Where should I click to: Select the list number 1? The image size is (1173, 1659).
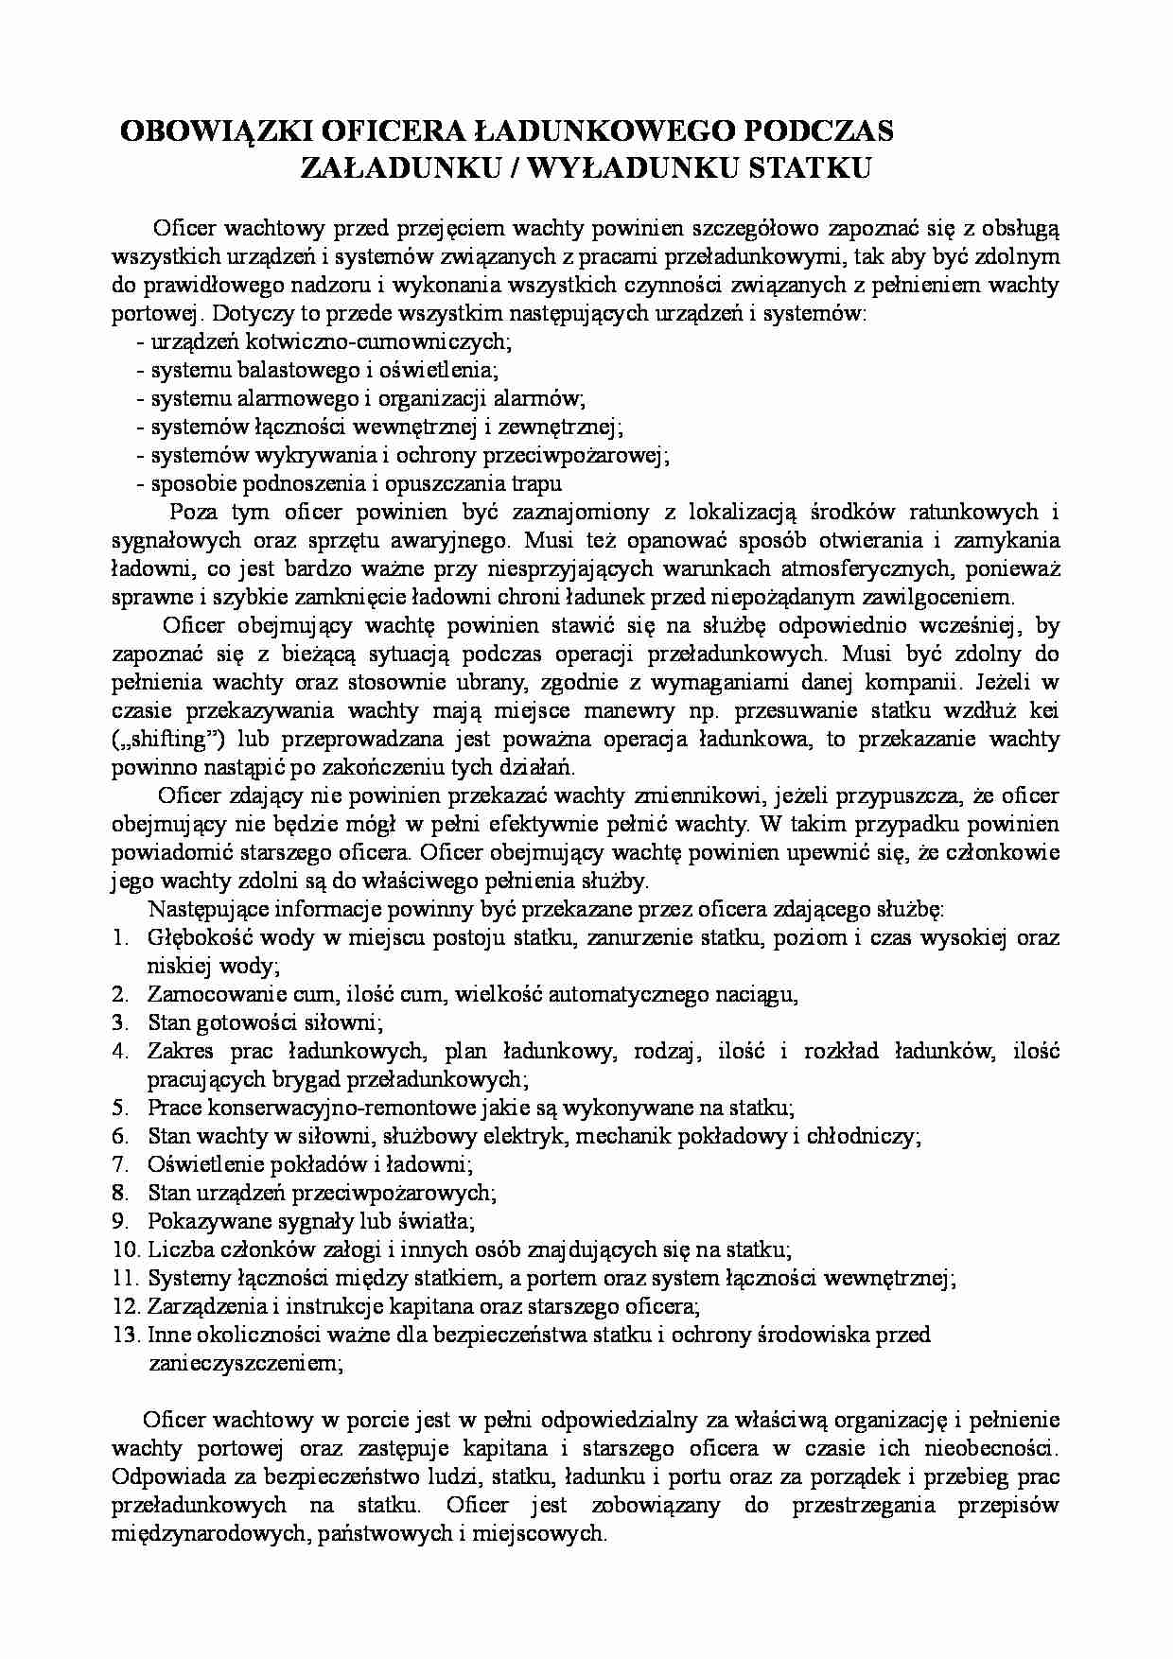coord(120,938)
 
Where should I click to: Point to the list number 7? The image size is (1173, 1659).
coord(120,1164)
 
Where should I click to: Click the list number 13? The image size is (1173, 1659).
coord(126,1335)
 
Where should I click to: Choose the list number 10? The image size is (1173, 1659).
coord(126,1249)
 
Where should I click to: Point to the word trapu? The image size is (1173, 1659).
coord(537,484)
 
